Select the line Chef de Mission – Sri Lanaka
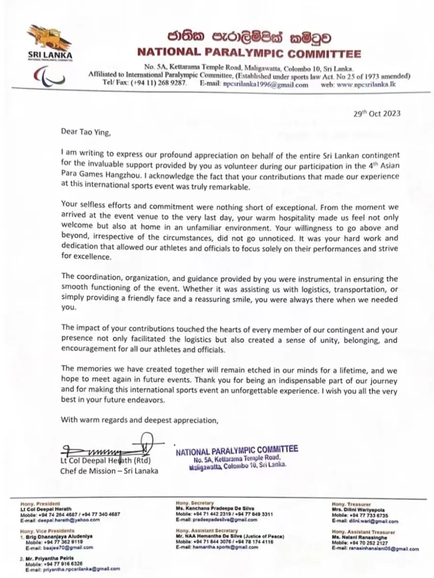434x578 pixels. (x=109, y=470)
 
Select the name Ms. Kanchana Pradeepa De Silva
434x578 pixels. (x=215, y=509)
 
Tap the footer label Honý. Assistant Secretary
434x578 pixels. (x=207, y=531)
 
